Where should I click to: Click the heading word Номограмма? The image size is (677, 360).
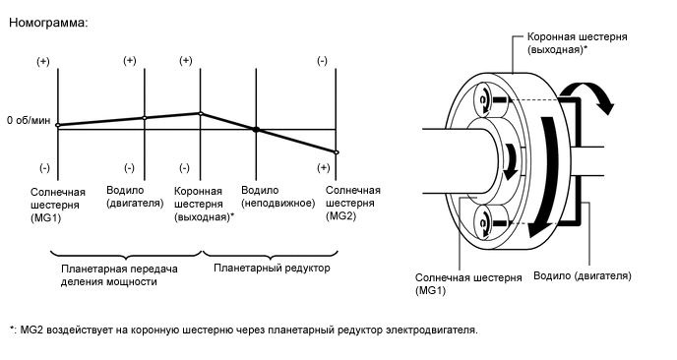[x=48, y=23]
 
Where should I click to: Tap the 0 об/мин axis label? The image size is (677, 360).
[x=28, y=120]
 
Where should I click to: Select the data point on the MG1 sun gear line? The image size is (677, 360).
[x=58, y=125]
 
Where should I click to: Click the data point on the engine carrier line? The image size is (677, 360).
[x=145, y=118]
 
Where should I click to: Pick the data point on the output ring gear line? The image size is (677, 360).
[x=201, y=113]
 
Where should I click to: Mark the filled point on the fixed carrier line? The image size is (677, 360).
[x=256, y=129]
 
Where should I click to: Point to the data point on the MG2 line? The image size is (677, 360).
[x=337, y=152]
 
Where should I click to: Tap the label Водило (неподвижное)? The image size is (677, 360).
[x=277, y=196]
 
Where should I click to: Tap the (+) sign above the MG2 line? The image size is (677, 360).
[x=322, y=61]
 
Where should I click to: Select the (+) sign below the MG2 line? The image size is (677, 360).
[x=323, y=167]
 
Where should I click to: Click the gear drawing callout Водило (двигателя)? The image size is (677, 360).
[x=582, y=275]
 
